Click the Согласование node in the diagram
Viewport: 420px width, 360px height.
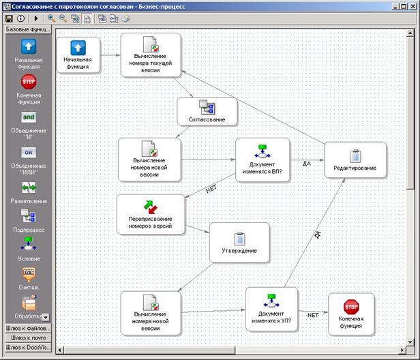point(207,111)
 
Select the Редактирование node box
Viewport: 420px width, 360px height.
point(355,160)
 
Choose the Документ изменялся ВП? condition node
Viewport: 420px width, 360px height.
point(262,160)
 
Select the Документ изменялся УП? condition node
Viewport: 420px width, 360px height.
point(271,310)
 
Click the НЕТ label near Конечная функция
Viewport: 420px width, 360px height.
point(312,316)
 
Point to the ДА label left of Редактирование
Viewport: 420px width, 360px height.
point(306,164)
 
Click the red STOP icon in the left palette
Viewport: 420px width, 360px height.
point(28,82)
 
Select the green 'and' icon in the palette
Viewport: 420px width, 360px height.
point(28,117)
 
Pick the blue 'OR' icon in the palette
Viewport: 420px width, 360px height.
point(28,151)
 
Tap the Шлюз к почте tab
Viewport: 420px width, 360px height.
point(27,337)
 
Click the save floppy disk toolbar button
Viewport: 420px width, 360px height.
point(9,18)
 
